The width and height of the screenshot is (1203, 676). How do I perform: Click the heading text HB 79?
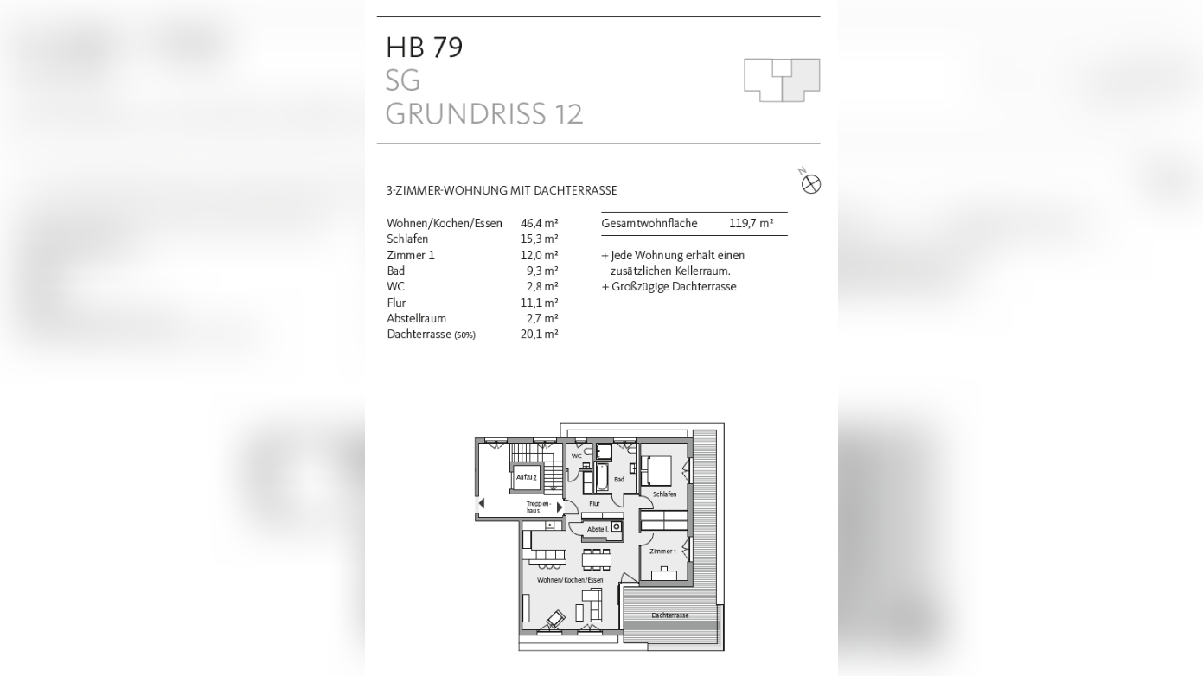(425, 48)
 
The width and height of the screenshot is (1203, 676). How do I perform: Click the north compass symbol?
(810, 183)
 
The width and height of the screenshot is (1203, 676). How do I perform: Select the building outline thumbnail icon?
(782, 80)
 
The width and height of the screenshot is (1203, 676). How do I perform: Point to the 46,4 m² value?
(539, 223)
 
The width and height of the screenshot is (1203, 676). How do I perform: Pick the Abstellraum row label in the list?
(416, 318)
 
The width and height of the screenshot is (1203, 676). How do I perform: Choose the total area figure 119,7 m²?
(751, 223)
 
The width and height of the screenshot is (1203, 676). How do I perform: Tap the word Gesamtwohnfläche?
(649, 223)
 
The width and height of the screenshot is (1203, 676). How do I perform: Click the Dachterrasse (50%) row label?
(431, 334)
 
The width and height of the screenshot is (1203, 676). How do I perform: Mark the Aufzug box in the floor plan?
(526, 476)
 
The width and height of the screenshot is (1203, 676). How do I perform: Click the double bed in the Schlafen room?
(656, 469)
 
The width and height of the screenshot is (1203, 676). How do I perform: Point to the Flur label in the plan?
(594, 503)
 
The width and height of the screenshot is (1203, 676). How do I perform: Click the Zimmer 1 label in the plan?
(662, 551)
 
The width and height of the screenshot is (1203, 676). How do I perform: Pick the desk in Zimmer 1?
(664, 573)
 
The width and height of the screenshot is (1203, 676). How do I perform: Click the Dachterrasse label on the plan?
(670, 615)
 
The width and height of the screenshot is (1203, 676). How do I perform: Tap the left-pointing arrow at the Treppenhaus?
(482, 504)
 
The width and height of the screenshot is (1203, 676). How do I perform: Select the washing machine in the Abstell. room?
(617, 526)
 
